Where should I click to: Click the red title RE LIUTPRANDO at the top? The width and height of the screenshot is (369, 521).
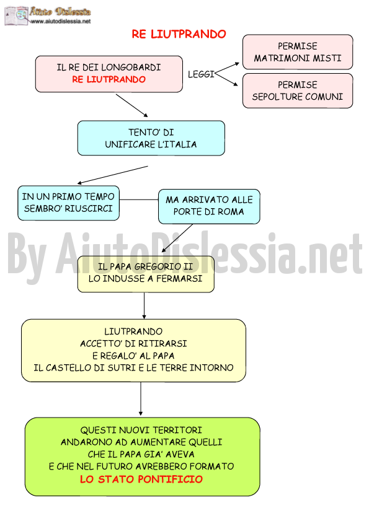[x=179, y=34]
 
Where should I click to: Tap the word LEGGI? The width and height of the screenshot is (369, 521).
[x=201, y=74]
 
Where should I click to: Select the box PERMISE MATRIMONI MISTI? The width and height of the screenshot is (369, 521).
[x=298, y=52]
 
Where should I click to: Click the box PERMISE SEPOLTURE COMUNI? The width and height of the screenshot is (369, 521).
[x=298, y=90]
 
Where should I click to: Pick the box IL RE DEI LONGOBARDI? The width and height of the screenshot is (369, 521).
[x=109, y=74]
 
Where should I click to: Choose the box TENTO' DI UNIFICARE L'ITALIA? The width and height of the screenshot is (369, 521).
[x=151, y=138]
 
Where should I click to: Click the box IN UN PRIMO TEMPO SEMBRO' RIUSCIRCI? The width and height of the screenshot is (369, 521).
[x=68, y=203]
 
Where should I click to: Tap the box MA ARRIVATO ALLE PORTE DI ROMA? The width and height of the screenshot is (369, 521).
[x=209, y=206]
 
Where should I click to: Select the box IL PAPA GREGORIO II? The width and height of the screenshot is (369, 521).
[x=146, y=274]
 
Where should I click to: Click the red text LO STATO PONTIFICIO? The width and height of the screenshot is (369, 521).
[x=141, y=479]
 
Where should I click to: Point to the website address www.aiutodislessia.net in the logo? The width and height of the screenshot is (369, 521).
[x=61, y=21]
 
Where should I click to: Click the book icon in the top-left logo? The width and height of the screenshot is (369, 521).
[x=16, y=15]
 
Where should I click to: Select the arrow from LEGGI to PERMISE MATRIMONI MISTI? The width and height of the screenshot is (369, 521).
[x=227, y=68]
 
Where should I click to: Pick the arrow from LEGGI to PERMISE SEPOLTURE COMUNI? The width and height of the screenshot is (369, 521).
[x=226, y=79]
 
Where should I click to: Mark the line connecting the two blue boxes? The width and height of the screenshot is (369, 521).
[x=139, y=199]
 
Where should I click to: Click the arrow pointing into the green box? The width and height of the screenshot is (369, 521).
[x=141, y=399]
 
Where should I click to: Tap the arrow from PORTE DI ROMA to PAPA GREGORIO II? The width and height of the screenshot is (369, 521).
[x=177, y=239]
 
